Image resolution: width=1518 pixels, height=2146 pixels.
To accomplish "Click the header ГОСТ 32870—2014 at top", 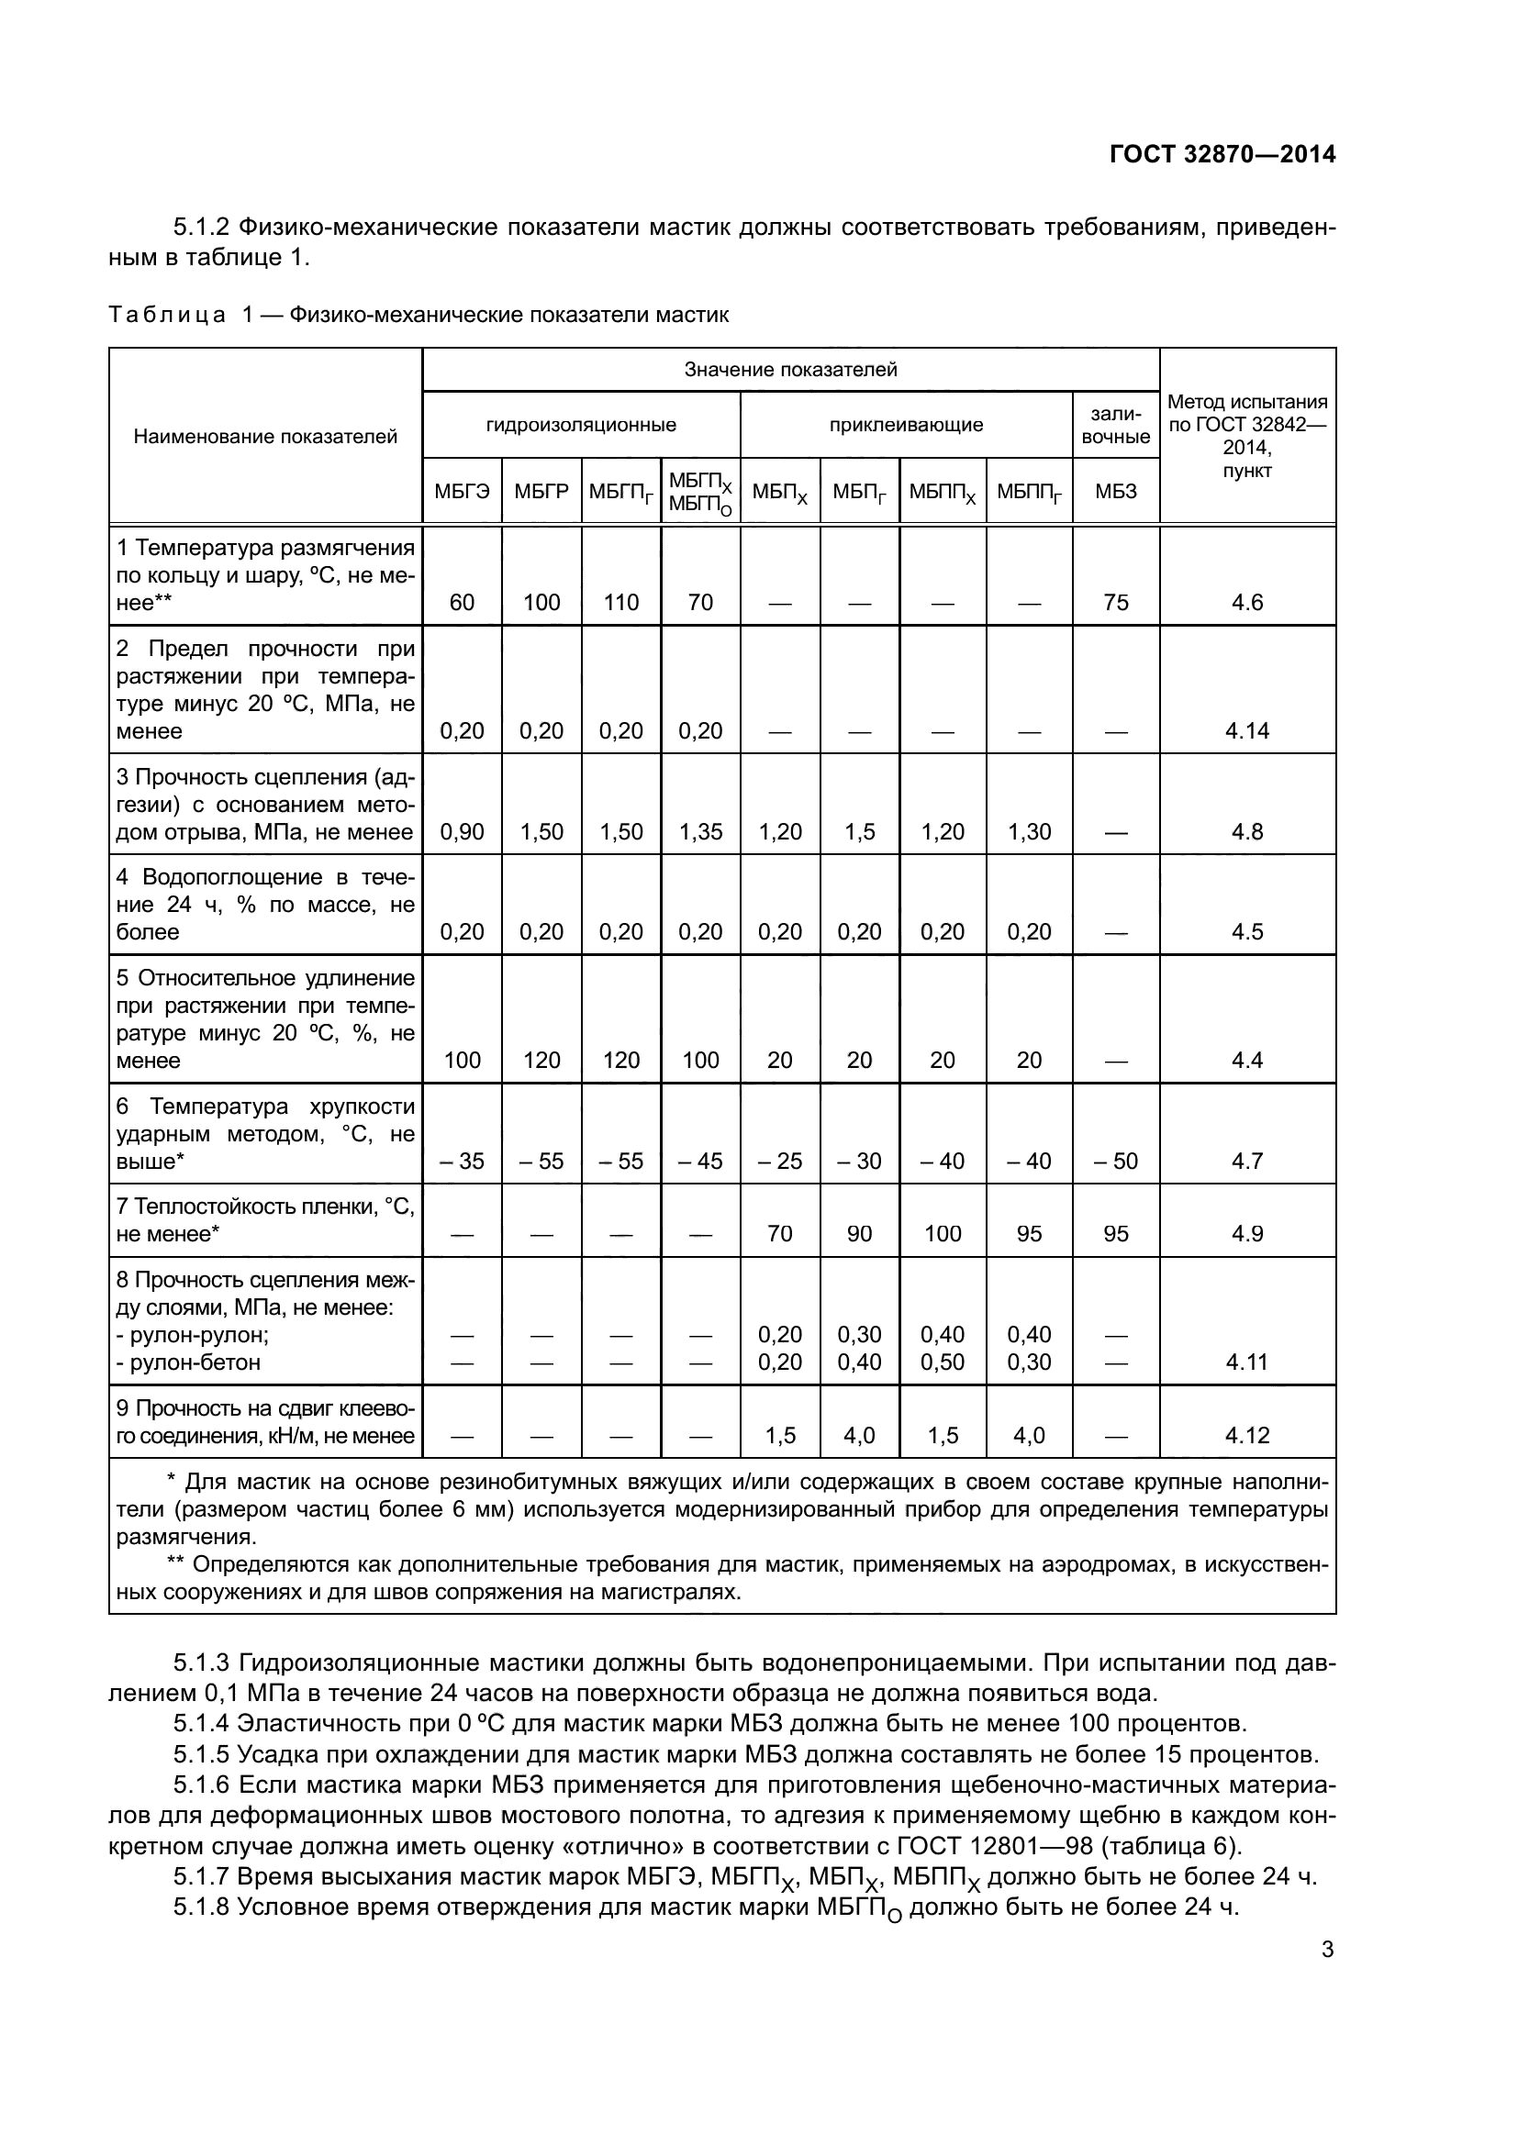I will click(1222, 154).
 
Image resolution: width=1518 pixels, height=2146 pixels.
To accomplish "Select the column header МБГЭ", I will click(462, 492).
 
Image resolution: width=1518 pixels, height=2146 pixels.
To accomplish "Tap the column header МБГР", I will click(541, 492).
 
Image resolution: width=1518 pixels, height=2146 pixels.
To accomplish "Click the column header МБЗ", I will click(1115, 492).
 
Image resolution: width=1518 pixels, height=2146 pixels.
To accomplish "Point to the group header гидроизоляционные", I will click(580, 426).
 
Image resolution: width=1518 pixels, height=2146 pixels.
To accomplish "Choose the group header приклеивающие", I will click(906, 426).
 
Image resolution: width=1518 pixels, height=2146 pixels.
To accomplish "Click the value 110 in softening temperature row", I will click(620, 602).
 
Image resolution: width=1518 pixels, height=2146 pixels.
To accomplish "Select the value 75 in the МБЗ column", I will click(1115, 602).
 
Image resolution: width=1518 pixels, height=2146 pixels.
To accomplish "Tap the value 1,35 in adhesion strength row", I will click(700, 832).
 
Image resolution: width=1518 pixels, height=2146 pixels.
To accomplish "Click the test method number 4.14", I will click(1247, 731).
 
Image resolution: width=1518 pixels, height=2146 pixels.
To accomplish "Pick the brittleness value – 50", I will click(1115, 1161).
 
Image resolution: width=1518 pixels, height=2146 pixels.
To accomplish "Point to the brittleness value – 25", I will click(779, 1161).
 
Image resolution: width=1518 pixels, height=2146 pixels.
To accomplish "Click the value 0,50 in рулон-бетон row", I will click(943, 1362).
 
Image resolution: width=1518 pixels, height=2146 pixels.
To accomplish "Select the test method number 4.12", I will click(1247, 1435).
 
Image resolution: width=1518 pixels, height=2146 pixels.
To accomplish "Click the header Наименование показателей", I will click(265, 437).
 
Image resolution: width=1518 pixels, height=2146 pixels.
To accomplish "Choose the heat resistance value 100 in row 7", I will click(943, 1234).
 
